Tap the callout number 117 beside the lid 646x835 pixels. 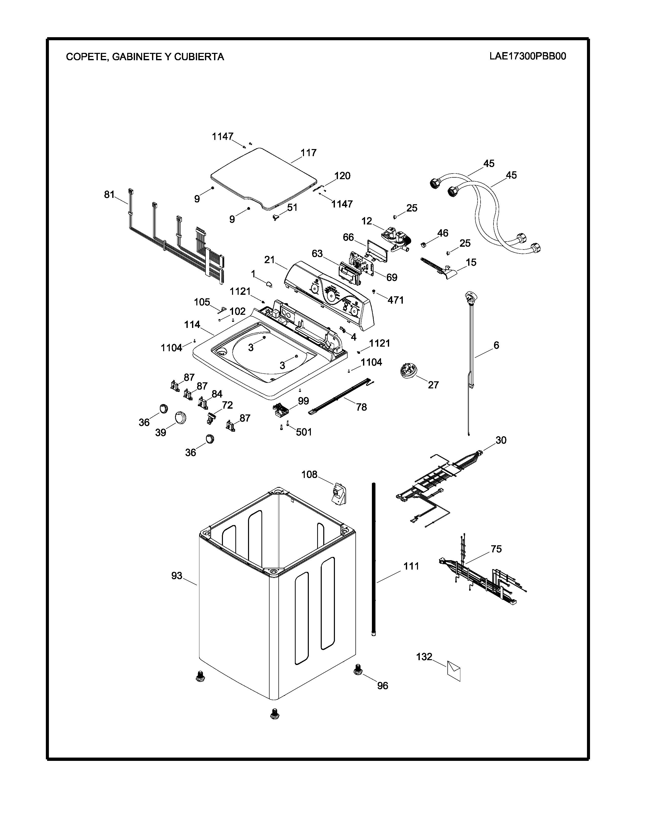pyautogui.click(x=309, y=153)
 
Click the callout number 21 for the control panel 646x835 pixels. pyautogui.click(x=270, y=260)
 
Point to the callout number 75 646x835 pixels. pyautogui.click(x=496, y=549)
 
